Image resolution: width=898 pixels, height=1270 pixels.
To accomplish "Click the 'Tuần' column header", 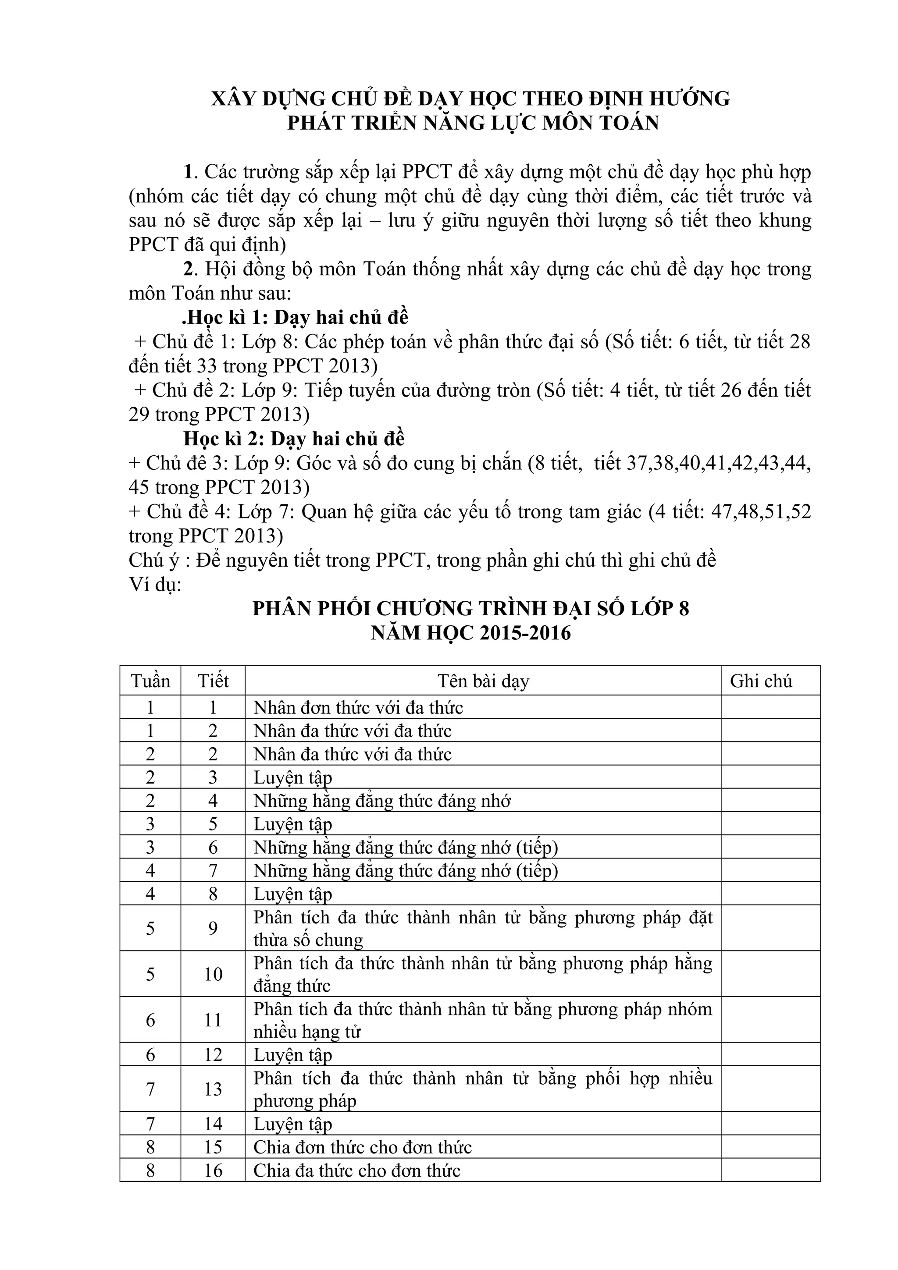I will (x=150, y=681).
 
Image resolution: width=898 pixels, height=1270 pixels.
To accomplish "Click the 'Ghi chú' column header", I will (x=761, y=681).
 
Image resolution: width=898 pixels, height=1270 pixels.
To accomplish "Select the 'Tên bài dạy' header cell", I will (x=483, y=681).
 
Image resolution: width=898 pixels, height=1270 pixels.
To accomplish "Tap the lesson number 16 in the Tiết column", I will (x=213, y=1171).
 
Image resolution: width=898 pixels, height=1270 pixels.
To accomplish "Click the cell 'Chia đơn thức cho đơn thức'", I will (x=363, y=1147).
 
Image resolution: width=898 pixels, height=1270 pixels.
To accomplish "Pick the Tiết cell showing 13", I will (x=213, y=1089).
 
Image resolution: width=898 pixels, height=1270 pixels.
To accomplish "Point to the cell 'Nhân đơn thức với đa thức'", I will (x=358, y=707).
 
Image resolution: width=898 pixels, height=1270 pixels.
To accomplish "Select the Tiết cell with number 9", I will (x=213, y=928).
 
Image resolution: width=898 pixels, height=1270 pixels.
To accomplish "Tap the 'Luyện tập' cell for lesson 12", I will (x=293, y=1055).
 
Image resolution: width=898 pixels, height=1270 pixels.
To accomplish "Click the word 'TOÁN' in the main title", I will (x=628, y=122).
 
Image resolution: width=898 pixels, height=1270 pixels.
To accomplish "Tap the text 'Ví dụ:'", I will (x=155, y=584).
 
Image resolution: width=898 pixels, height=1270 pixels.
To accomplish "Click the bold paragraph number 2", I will (x=189, y=270).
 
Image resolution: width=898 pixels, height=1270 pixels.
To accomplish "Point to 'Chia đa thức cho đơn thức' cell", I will (x=357, y=1171).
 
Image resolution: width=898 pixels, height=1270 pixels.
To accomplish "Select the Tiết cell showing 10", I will (x=213, y=974).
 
